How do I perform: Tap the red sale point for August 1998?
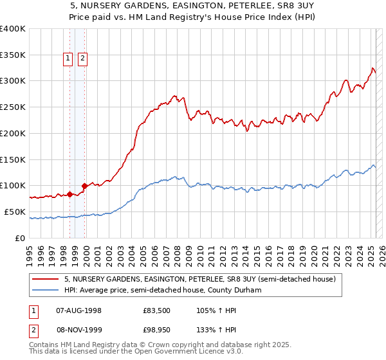click(x=69, y=194)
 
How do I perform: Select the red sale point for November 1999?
click(x=84, y=186)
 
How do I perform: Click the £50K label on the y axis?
click(x=15, y=212)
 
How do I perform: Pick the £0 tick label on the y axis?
click(x=20, y=238)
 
